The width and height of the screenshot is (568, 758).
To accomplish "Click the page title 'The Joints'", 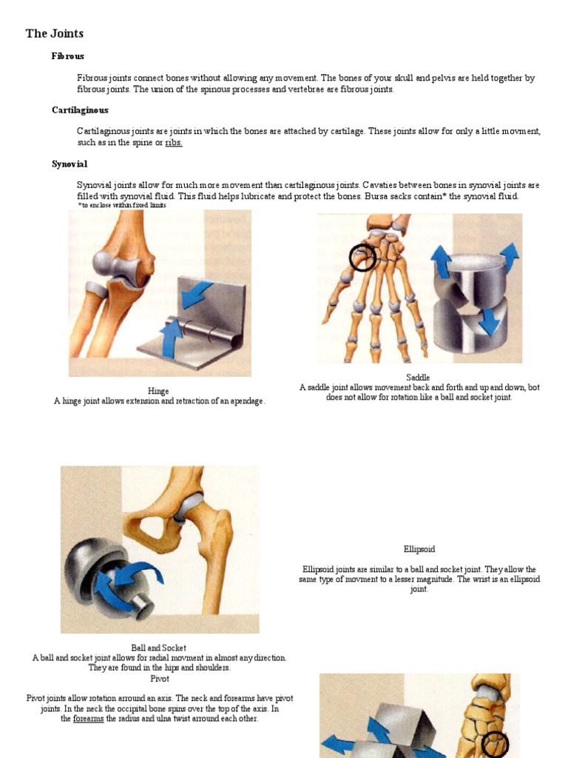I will point(55,33).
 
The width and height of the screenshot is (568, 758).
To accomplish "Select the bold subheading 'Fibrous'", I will point(68,56).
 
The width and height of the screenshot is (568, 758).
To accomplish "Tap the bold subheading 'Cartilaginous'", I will point(80,110).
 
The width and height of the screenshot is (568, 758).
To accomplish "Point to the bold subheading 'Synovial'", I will point(70,164).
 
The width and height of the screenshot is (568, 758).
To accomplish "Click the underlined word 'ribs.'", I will point(174,142).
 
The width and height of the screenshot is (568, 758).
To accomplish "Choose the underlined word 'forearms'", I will point(89,719).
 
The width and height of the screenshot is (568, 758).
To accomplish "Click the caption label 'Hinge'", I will point(158,391).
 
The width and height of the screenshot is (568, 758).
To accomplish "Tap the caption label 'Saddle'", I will point(418,378).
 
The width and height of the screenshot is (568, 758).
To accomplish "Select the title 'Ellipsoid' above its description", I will point(419,549).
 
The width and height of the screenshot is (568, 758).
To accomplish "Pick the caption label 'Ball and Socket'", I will point(159,648).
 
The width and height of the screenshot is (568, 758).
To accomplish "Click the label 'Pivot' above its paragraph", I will point(160,678).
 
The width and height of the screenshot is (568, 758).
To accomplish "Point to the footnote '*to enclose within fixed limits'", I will point(122,205).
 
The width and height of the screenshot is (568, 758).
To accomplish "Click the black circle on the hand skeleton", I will point(362,257).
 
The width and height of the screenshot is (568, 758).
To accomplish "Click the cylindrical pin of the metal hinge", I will point(199,331).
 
